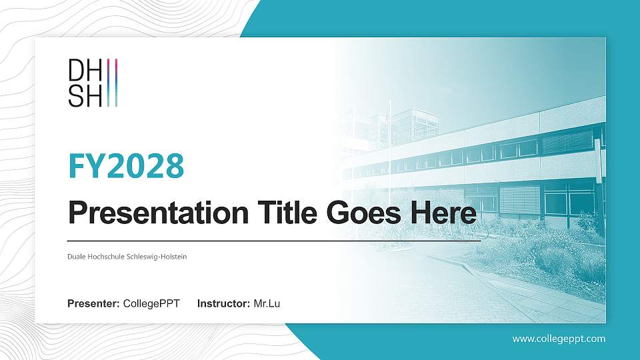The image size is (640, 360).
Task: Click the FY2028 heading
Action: click(x=126, y=165)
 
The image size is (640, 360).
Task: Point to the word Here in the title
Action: click(x=445, y=214)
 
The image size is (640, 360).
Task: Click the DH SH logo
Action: click(x=93, y=83)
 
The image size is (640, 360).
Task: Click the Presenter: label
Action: click(x=94, y=304)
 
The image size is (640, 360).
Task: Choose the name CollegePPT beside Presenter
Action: click(x=151, y=304)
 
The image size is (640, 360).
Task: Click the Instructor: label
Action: click(x=224, y=304)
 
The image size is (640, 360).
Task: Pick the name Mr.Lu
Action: click(x=267, y=304)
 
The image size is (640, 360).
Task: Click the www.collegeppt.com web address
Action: click(x=559, y=339)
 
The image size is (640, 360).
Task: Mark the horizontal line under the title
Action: click(x=273, y=240)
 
